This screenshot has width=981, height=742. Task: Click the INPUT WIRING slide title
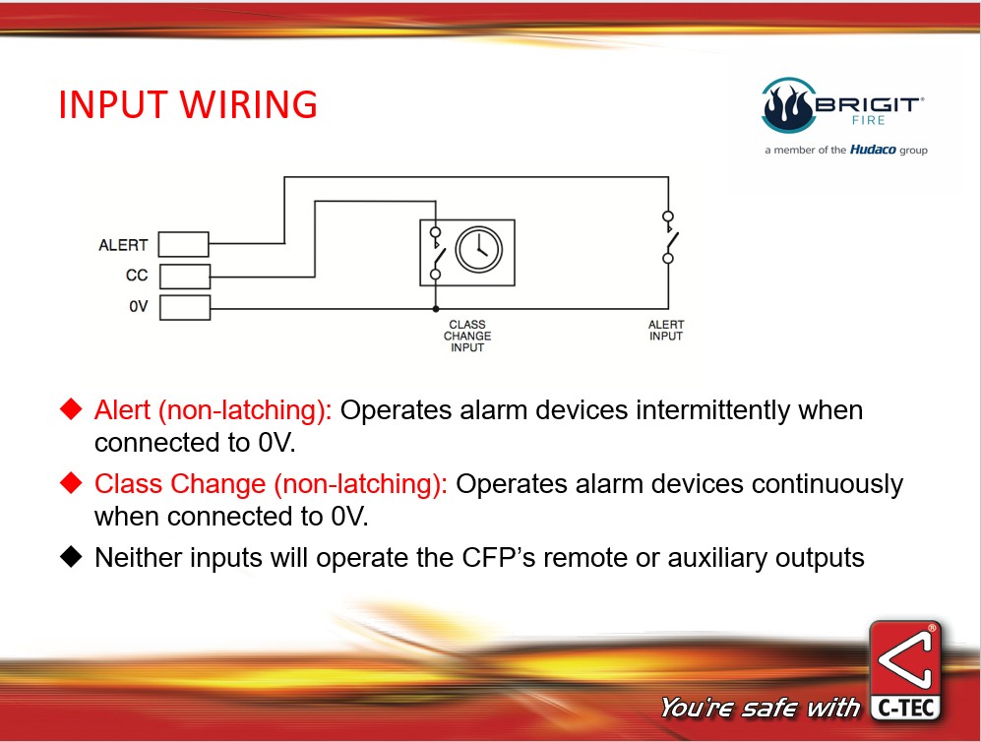pos(188,104)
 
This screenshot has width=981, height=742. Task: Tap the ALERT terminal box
pos(183,244)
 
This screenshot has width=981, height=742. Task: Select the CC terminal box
pos(185,276)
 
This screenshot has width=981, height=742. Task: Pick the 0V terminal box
pos(185,307)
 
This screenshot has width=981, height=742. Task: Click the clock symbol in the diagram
pos(478,249)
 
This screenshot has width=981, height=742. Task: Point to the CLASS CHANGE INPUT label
pos(467,336)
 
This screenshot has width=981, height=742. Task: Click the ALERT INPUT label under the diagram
pos(666,331)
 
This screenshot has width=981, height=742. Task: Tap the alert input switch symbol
pos(669,237)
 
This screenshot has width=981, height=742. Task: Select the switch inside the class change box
pos(437,253)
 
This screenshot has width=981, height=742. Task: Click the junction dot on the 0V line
pos(436,308)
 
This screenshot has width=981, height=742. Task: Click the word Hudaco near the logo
pos(872,150)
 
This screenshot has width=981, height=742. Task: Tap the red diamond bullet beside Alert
pos(71,408)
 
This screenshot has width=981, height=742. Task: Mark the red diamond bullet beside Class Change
pos(71,482)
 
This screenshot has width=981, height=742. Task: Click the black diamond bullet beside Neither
pos(71,556)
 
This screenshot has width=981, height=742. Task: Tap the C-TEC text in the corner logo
pos(905,708)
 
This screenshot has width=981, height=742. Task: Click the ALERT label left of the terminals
pos(123,245)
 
